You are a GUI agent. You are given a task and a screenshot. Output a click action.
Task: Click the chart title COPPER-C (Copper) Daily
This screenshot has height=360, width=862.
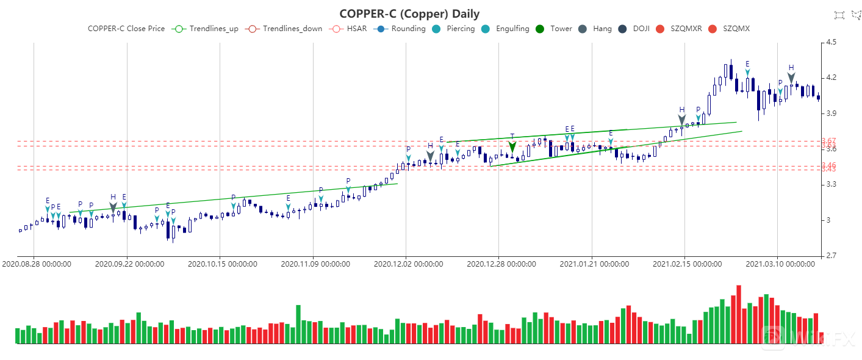pyautogui.click(x=409, y=13)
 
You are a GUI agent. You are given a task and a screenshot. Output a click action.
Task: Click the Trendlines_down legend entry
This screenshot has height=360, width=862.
pyautogui.click(x=281, y=29)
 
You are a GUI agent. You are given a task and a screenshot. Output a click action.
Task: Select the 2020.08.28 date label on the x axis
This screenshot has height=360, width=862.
pyautogui.click(x=37, y=264)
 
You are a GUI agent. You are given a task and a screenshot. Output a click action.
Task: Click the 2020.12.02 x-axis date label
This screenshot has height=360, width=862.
pyautogui.click(x=408, y=264)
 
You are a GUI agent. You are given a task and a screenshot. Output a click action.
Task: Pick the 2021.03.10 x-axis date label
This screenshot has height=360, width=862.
pyautogui.click(x=780, y=264)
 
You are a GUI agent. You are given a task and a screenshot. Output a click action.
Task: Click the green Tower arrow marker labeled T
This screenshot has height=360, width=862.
pyautogui.click(x=512, y=146)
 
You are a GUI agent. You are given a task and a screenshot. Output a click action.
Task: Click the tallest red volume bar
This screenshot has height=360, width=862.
pyautogui.click(x=739, y=314)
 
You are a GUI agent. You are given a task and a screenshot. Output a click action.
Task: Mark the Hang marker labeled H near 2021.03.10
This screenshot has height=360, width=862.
pyautogui.click(x=791, y=77)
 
